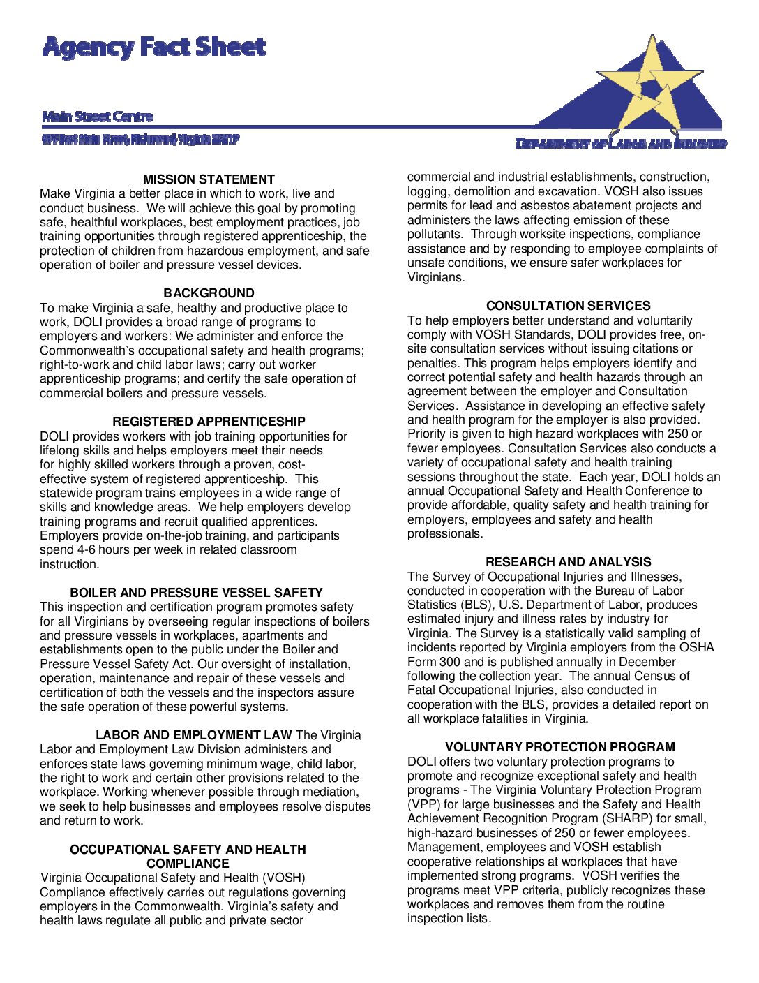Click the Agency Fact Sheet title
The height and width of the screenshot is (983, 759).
[154, 47]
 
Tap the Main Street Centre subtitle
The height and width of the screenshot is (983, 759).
[98, 117]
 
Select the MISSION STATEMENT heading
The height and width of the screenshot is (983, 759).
[209, 179]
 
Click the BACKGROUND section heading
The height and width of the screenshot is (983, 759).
[209, 293]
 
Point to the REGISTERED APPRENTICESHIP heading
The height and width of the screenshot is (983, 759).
[209, 422]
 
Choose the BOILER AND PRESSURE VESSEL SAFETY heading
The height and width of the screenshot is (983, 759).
[196, 593]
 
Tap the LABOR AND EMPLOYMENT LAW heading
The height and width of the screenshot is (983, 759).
[193, 735]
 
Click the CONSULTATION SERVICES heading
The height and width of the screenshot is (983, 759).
[568, 306]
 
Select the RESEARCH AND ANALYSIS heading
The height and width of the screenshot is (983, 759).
[568, 562]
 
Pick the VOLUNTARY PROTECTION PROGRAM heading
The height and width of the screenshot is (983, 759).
[560, 747]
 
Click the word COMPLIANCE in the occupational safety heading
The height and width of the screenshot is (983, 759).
[188, 864]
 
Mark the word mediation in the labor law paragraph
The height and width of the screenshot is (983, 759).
[331, 792]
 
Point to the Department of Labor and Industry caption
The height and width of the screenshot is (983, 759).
[621, 144]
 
